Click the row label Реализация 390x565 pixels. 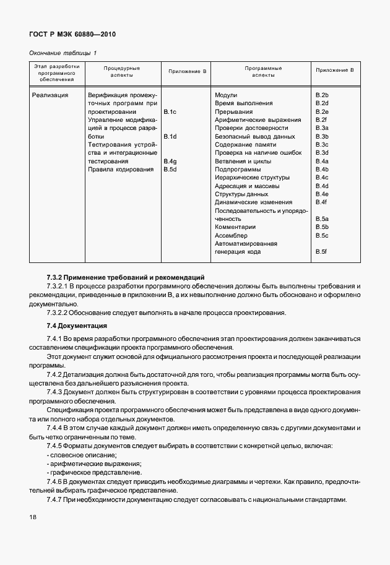[50, 95]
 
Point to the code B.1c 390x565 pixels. [170, 111]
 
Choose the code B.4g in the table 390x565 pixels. [170, 162]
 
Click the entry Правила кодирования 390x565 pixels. [121, 170]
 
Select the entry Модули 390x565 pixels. [226, 95]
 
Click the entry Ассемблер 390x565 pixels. [231, 236]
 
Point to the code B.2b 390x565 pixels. [321, 95]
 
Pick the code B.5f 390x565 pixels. [321, 252]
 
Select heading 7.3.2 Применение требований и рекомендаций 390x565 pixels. [125, 278]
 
